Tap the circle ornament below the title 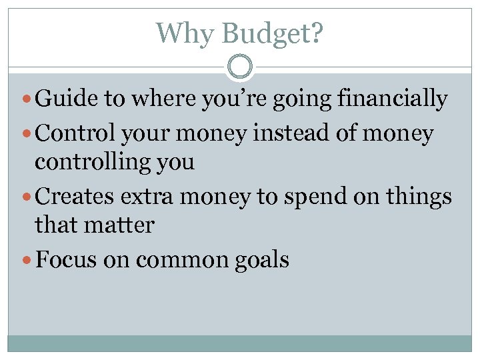(240, 67)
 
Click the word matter (120, 226)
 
